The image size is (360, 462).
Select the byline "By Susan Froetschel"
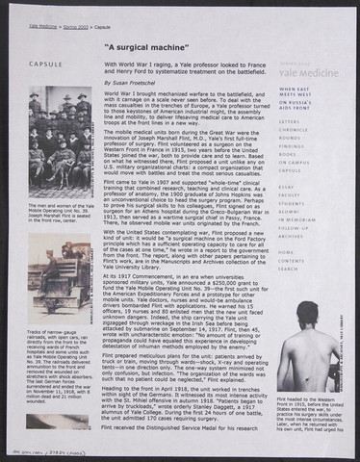coord(138,84)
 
